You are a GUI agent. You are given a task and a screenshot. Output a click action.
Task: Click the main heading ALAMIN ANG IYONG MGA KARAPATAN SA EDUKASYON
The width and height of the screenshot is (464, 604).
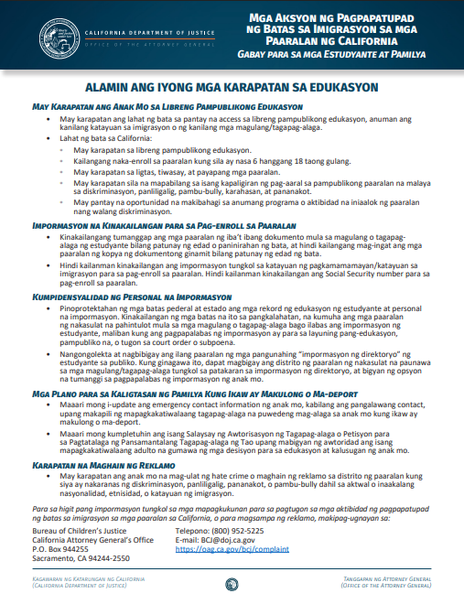click(231, 88)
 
